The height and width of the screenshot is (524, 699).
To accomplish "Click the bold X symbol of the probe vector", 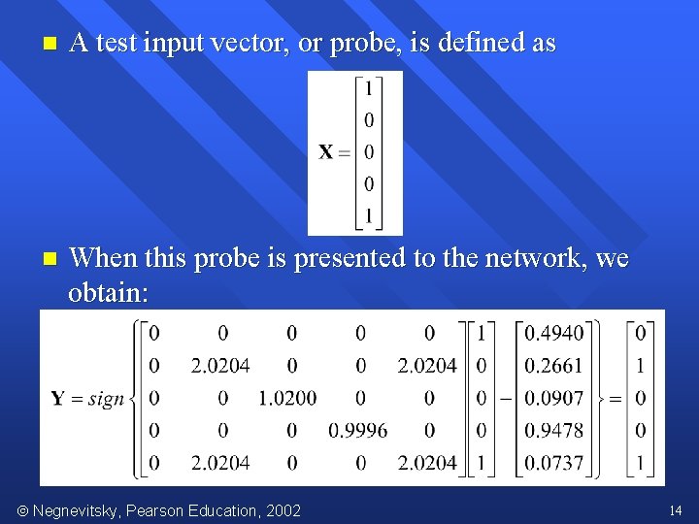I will (326, 151).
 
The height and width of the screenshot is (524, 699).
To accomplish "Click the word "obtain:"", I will (108, 291).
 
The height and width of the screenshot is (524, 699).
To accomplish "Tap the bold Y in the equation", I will (58, 398).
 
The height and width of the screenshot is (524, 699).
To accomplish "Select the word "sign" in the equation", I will (106, 399).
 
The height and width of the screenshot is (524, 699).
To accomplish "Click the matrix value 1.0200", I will (287, 398).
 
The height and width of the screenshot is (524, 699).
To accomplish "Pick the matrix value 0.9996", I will (357, 430).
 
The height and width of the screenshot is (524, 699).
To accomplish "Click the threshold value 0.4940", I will (553, 334).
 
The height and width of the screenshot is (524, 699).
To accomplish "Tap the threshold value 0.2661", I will (553, 366).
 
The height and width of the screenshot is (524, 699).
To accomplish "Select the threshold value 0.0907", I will (553, 398).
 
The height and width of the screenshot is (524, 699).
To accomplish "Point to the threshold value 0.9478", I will (553, 430).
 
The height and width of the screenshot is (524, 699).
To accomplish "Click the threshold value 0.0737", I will (553, 462).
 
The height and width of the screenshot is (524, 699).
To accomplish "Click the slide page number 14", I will (676, 509).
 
